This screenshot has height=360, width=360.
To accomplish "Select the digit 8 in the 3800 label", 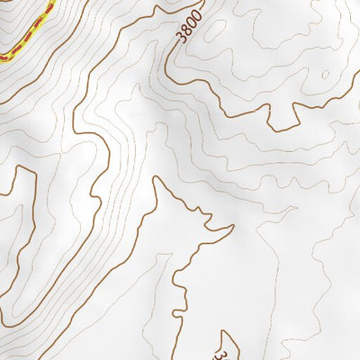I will click(185, 30).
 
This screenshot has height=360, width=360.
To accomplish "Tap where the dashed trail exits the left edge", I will click(1, 58).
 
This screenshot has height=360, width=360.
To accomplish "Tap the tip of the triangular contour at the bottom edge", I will click(226, 333).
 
